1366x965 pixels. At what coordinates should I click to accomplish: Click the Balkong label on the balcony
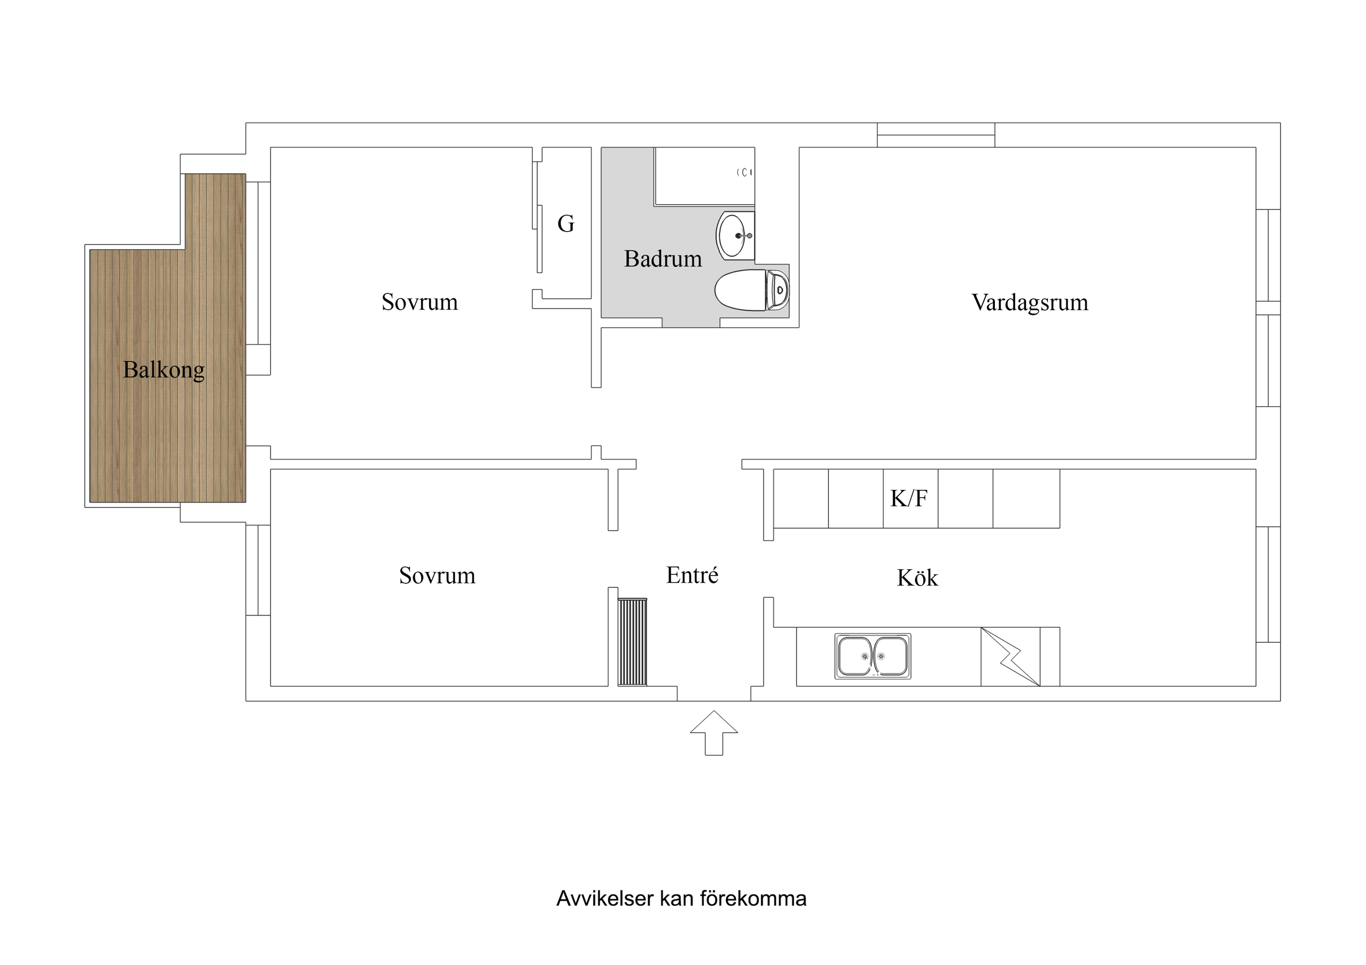click(163, 370)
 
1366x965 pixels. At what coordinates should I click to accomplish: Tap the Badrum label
click(662, 259)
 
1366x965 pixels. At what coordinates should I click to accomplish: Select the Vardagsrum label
click(1029, 302)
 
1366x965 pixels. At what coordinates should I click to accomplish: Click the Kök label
click(917, 578)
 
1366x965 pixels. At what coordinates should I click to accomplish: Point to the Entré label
click(692, 575)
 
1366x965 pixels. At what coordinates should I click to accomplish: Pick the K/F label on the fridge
click(908, 498)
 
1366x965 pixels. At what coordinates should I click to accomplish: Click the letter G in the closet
click(565, 223)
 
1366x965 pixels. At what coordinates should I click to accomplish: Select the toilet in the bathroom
click(751, 290)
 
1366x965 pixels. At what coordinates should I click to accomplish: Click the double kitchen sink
click(872, 656)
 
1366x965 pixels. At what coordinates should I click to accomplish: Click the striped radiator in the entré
click(632, 642)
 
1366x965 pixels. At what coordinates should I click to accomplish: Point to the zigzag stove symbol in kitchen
click(1010, 656)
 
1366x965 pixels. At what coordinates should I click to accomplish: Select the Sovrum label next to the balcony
click(419, 302)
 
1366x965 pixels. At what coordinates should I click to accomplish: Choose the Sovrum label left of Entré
click(437, 576)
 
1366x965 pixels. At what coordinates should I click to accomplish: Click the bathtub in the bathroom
click(705, 176)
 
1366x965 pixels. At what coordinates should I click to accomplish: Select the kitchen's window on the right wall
click(1268, 584)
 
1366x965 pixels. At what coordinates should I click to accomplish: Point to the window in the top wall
click(935, 135)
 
